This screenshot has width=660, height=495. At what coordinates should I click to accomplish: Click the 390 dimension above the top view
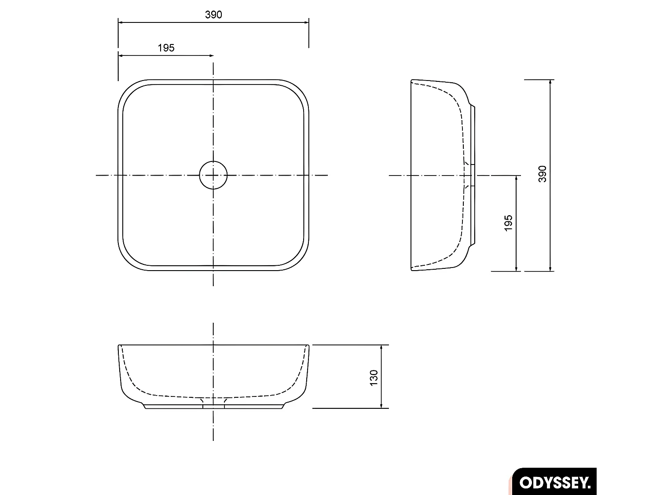[x=213, y=15]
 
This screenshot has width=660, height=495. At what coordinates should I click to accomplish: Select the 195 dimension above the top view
[x=166, y=48]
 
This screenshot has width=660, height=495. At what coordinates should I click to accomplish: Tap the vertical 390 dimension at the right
[x=542, y=174]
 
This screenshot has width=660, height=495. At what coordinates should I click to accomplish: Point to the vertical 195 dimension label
[x=509, y=223]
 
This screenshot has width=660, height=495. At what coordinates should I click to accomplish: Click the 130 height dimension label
[x=374, y=378]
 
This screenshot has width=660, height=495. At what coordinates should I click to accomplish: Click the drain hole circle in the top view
[x=213, y=175]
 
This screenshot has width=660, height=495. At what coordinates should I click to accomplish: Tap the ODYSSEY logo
[x=555, y=482]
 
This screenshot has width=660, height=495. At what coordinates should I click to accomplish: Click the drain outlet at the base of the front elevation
[x=213, y=406]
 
